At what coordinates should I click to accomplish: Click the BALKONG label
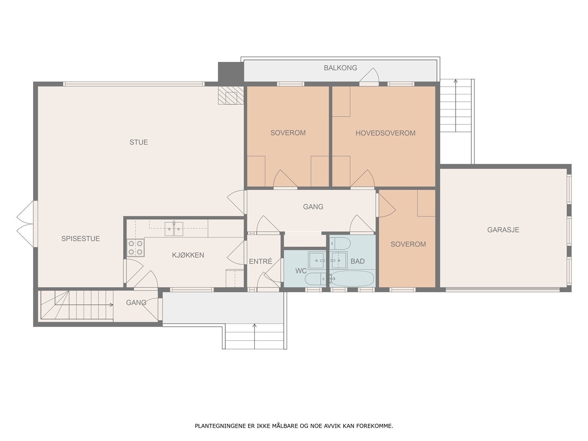pyautogui.click(x=340, y=68)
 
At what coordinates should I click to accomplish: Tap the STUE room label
pyautogui.click(x=139, y=142)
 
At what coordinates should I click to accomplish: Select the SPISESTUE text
pyautogui.click(x=80, y=239)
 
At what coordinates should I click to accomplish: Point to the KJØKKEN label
pyautogui.click(x=188, y=255)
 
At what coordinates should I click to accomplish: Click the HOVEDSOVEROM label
pyautogui.click(x=386, y=133)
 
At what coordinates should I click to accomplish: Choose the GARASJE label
pyautogui.click(x=503, y=230)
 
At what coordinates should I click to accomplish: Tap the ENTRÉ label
pyautogui.click(x=261, y=261)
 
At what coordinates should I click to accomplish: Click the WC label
pyautogui.click(x=301, y=271)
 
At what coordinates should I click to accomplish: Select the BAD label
pyautogui.click(x=358, y=261)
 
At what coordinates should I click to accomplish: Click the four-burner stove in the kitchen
pyautogui.click(x=135, y=248)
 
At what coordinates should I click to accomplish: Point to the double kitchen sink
pyautogui.click(x=173, y=229)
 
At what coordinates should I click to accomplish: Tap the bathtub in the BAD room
pyautogui.click(x=352, y=278)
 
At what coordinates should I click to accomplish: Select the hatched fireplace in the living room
pyautogui.click(x=231, y=95)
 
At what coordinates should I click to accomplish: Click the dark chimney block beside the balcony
pyautogui.click(x=231, y=72)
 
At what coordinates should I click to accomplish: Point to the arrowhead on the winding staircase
pyautogui.click(x=111, y=305)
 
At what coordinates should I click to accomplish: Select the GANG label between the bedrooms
pyautogui.click(x=313, y=207)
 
